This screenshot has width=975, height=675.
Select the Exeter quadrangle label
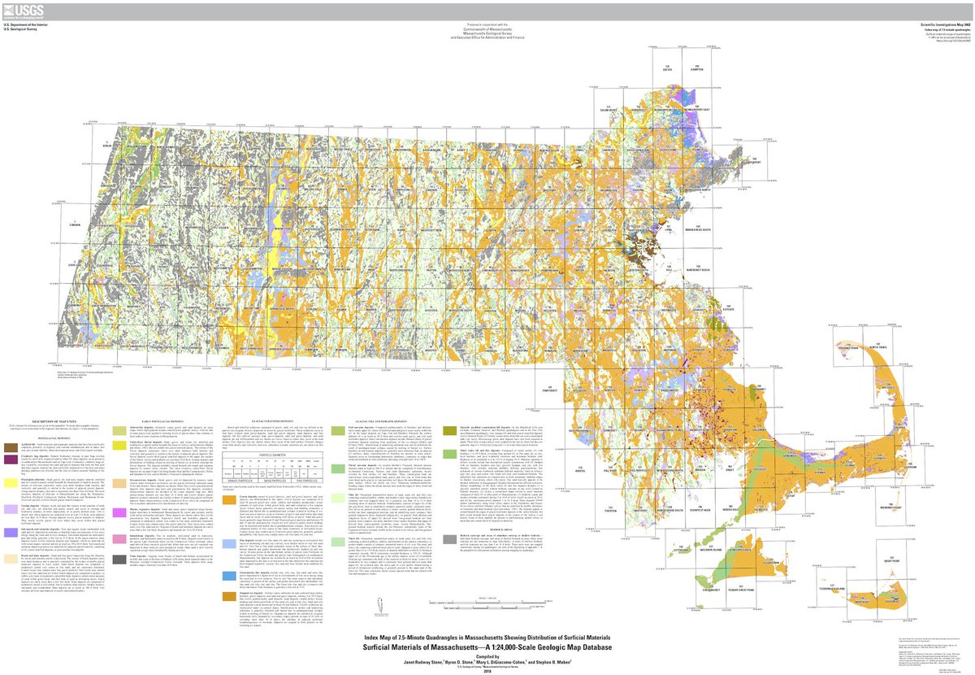pyautogui.click(x=669, y=69)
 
